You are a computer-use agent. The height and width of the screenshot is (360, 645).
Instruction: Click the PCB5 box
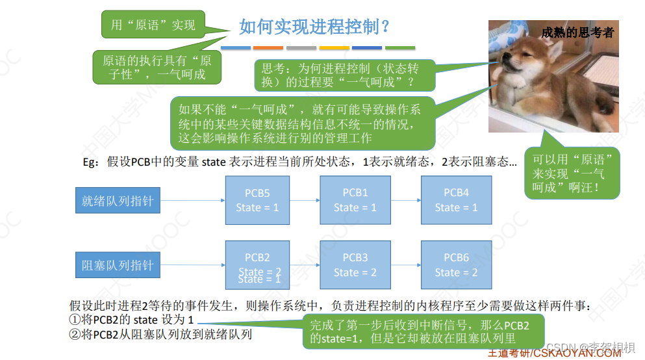coord(257,200)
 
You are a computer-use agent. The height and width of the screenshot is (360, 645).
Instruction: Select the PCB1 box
coord(355,200)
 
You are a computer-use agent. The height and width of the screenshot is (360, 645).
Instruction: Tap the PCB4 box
coord(456,200)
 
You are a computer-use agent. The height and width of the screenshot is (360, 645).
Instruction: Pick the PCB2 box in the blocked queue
coord(257,265)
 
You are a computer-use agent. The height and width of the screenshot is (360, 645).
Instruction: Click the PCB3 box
coord(355,265)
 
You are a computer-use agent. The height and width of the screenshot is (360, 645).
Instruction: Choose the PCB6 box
coord(456,265)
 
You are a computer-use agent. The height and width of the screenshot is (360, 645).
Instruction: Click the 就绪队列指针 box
coord(117,201)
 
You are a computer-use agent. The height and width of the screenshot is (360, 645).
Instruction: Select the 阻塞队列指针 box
coord(117,265)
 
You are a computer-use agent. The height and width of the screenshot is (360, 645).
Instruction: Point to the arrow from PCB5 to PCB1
coord(305,201)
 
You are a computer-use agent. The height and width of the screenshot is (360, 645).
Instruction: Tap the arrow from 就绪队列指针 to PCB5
coord(192,201)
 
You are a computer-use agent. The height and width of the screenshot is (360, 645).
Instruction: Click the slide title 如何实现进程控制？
coord(315,27)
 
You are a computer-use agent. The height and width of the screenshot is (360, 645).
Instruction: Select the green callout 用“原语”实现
coord(153,25)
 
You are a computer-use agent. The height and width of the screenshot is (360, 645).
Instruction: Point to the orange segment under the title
coord(268,47)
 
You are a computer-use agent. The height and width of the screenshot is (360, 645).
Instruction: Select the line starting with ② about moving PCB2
coord(160,335)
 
